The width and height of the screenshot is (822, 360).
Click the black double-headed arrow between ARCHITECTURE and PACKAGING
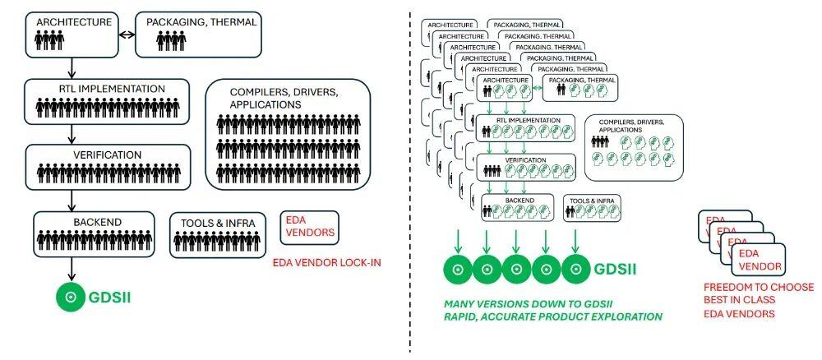(x=126, y=35)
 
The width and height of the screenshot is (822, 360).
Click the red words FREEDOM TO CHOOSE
(x=758, y=287)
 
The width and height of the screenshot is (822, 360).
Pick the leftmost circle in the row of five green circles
(x=457, y=269)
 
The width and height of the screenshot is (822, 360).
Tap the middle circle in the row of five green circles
(x=516, y=269)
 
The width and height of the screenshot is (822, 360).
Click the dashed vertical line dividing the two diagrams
(x=410, y=181)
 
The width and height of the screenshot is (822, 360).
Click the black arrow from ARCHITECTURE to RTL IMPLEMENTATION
(x=72, y=67)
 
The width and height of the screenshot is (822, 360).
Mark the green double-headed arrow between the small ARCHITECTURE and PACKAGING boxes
(x=537, y=87)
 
